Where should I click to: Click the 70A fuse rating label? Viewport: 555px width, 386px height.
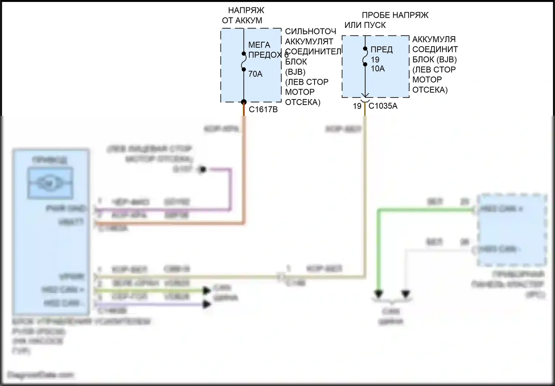255,74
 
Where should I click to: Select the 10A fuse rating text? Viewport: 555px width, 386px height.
378,69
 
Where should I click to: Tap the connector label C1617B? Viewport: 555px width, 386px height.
263,109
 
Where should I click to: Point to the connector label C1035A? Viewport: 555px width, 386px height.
383,106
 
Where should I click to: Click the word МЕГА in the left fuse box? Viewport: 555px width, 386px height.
259,45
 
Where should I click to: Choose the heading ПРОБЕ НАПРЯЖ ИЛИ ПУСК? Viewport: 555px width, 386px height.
387,20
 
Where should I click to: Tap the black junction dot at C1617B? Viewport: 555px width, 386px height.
244,102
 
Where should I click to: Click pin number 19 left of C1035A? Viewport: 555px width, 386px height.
357,106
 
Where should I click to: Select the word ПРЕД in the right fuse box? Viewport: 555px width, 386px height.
381,50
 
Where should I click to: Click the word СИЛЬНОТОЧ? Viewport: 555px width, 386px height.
310,32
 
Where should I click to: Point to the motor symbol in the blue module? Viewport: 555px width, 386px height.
50,183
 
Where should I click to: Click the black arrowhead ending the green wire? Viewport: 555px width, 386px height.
378,294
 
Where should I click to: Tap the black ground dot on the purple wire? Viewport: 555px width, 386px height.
202,170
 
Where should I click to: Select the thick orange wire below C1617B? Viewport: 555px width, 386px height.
244,166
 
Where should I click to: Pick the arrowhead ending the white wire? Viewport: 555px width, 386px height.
406,294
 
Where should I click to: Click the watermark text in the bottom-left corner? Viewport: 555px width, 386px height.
41,375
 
